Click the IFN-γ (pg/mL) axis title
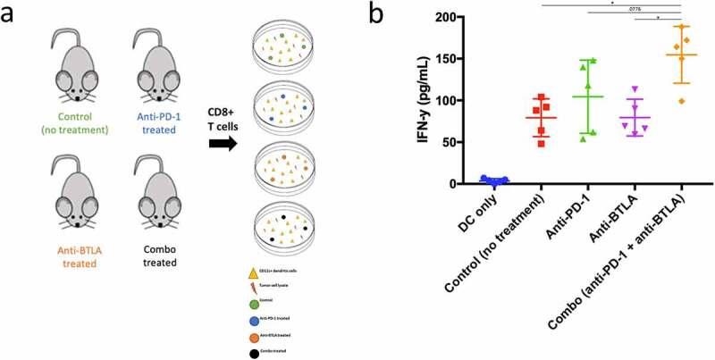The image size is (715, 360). [436, 99]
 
